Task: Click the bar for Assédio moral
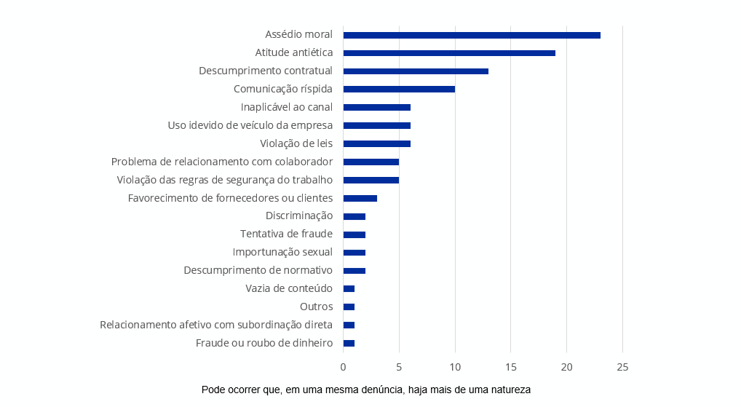coord(472,35)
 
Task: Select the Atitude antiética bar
coord(449,53)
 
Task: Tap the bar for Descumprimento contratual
coord(416,71)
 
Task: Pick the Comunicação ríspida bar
coord(399,89)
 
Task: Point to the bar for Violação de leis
coord(376,143)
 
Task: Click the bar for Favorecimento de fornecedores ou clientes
coord(360,198)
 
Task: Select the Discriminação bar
coord(354,216)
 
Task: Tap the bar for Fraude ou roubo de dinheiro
coord(349,343)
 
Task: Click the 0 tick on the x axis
coord(344,367)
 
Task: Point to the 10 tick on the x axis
coord(455,367)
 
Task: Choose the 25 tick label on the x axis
coord(622,367)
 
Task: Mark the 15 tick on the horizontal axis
coord(511,367)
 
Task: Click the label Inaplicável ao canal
coord(287,107)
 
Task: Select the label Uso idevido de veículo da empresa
coord(250,125)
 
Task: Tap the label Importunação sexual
coord(282,252)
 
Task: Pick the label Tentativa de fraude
coord(286,234)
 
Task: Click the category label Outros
coord(316,307)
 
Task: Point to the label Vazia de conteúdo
coord(289,288)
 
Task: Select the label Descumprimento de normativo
coord(258,270)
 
